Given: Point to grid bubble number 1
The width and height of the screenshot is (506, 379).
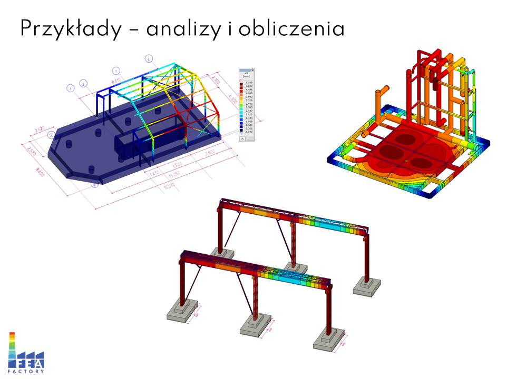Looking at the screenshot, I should click(70, 89).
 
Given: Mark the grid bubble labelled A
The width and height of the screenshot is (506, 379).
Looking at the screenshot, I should click(52, 135).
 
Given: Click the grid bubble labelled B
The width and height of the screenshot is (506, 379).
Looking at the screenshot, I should click(94, 184).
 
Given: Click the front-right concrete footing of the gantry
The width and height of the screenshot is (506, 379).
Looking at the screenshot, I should click(329, 341).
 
